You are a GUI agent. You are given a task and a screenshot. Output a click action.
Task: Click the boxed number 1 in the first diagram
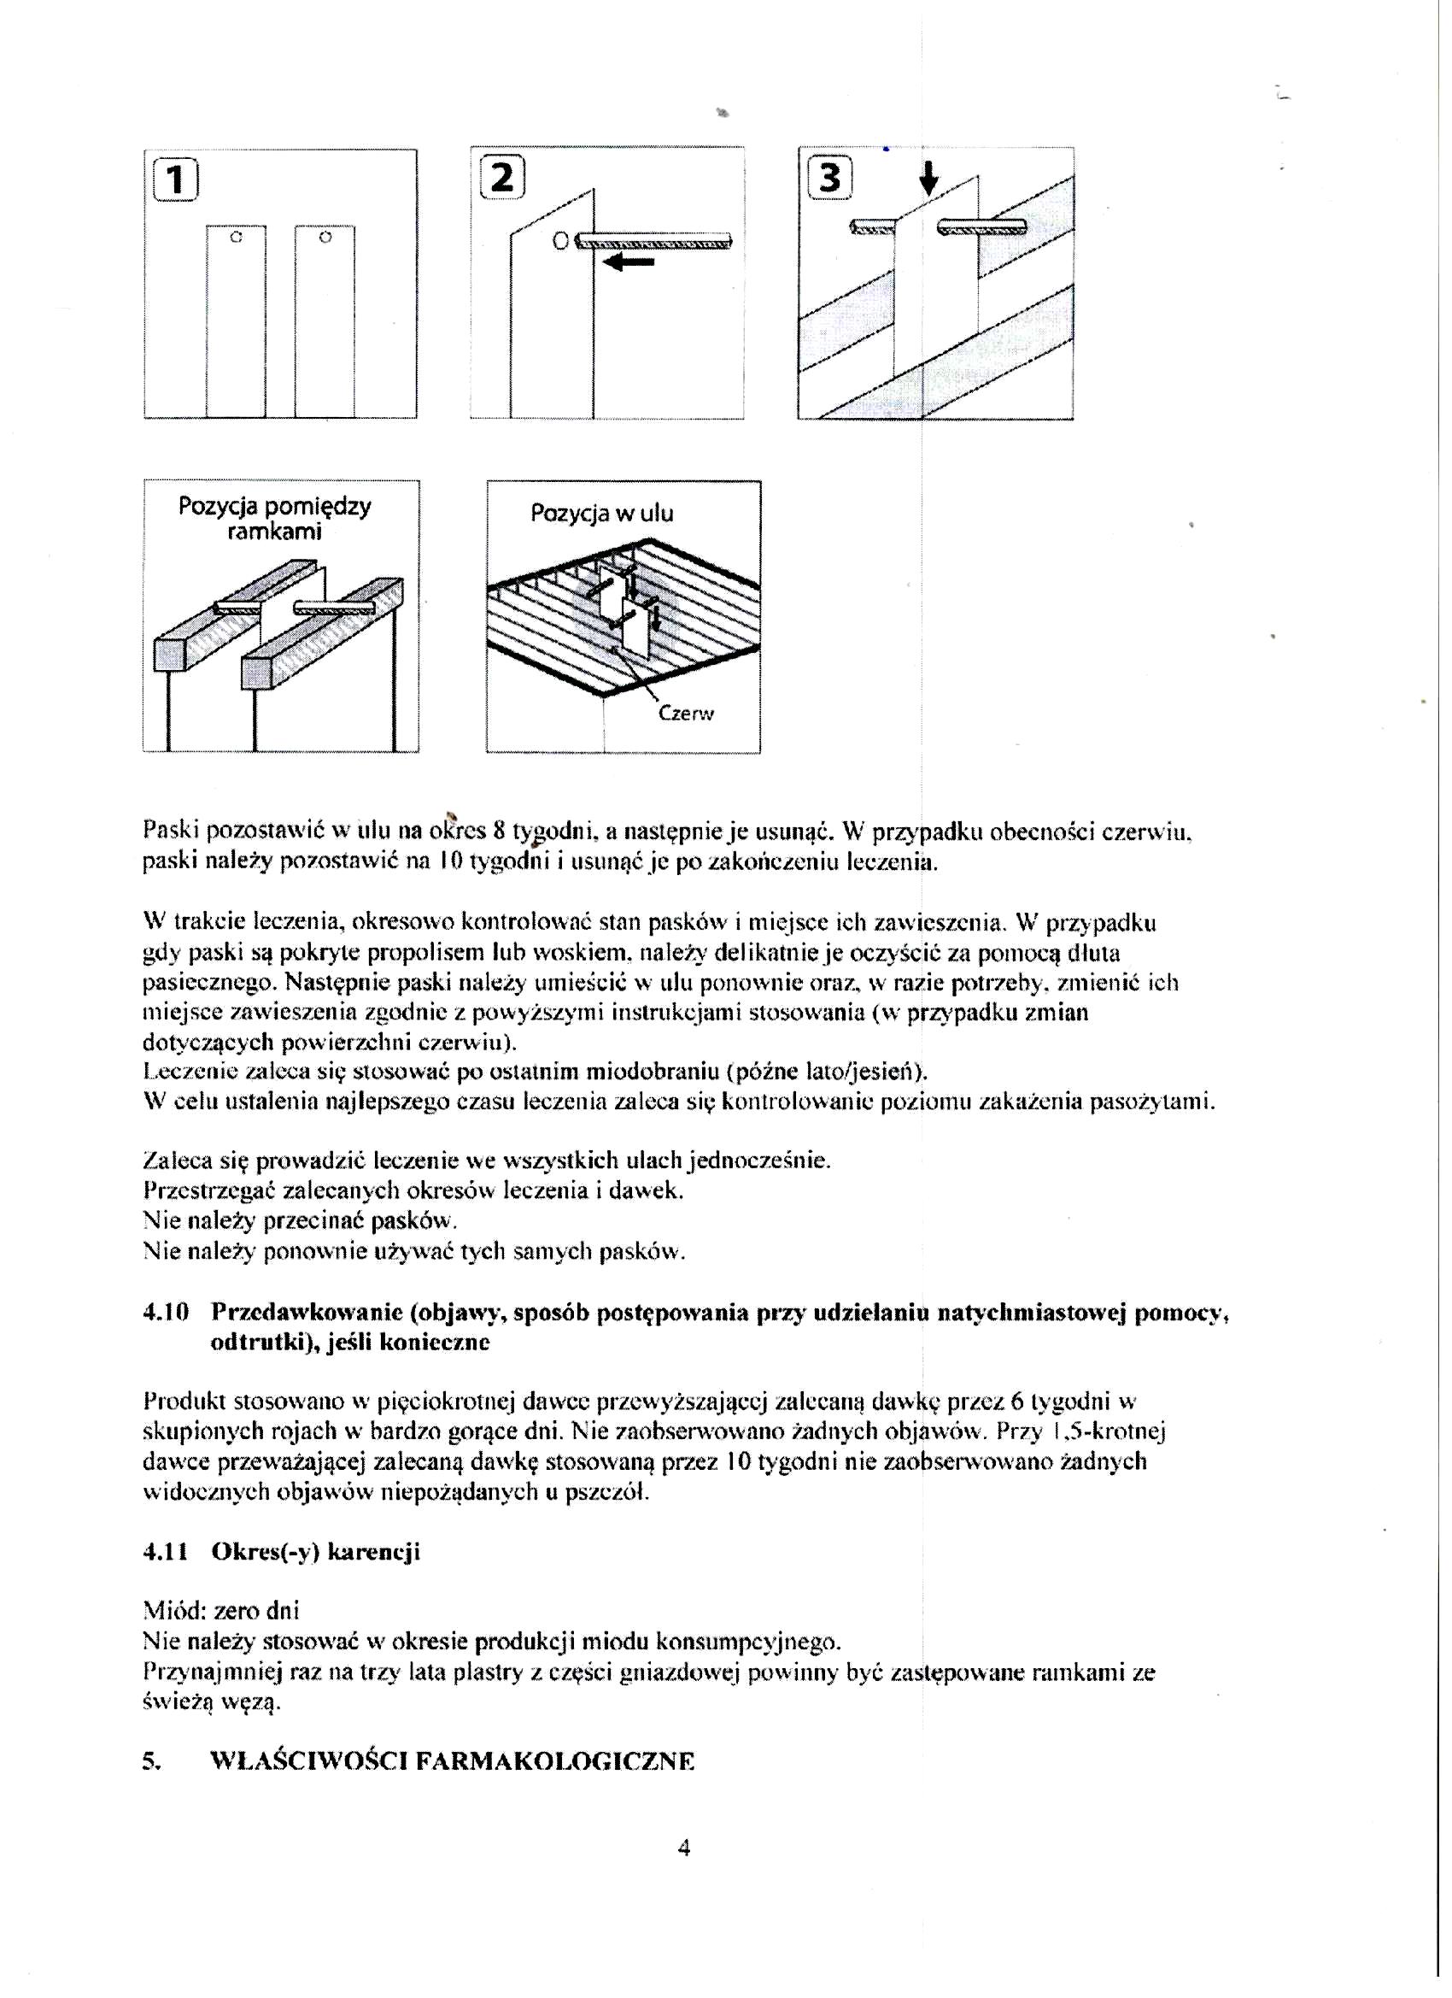[175, 180]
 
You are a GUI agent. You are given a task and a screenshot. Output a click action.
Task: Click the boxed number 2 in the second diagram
[502, 177]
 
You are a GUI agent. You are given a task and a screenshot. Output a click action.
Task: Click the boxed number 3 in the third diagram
[829, 179]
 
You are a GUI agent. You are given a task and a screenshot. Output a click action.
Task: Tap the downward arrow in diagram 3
[928, 179]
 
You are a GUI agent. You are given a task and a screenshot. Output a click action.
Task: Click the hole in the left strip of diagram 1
[235, 237]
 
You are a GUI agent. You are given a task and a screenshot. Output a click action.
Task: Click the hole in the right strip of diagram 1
[325, 237]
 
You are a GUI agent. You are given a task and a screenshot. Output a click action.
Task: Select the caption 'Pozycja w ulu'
[601, 514]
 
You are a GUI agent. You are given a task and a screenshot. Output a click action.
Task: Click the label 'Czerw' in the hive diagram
[686, 714]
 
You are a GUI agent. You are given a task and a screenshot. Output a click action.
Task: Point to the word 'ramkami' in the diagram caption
[274, 532]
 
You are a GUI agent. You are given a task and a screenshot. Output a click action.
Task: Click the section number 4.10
[166, 1313]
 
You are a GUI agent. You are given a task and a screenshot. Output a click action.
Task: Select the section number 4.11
[166, 1552]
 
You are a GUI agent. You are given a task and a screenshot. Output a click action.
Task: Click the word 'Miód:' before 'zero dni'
[173, 1611]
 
